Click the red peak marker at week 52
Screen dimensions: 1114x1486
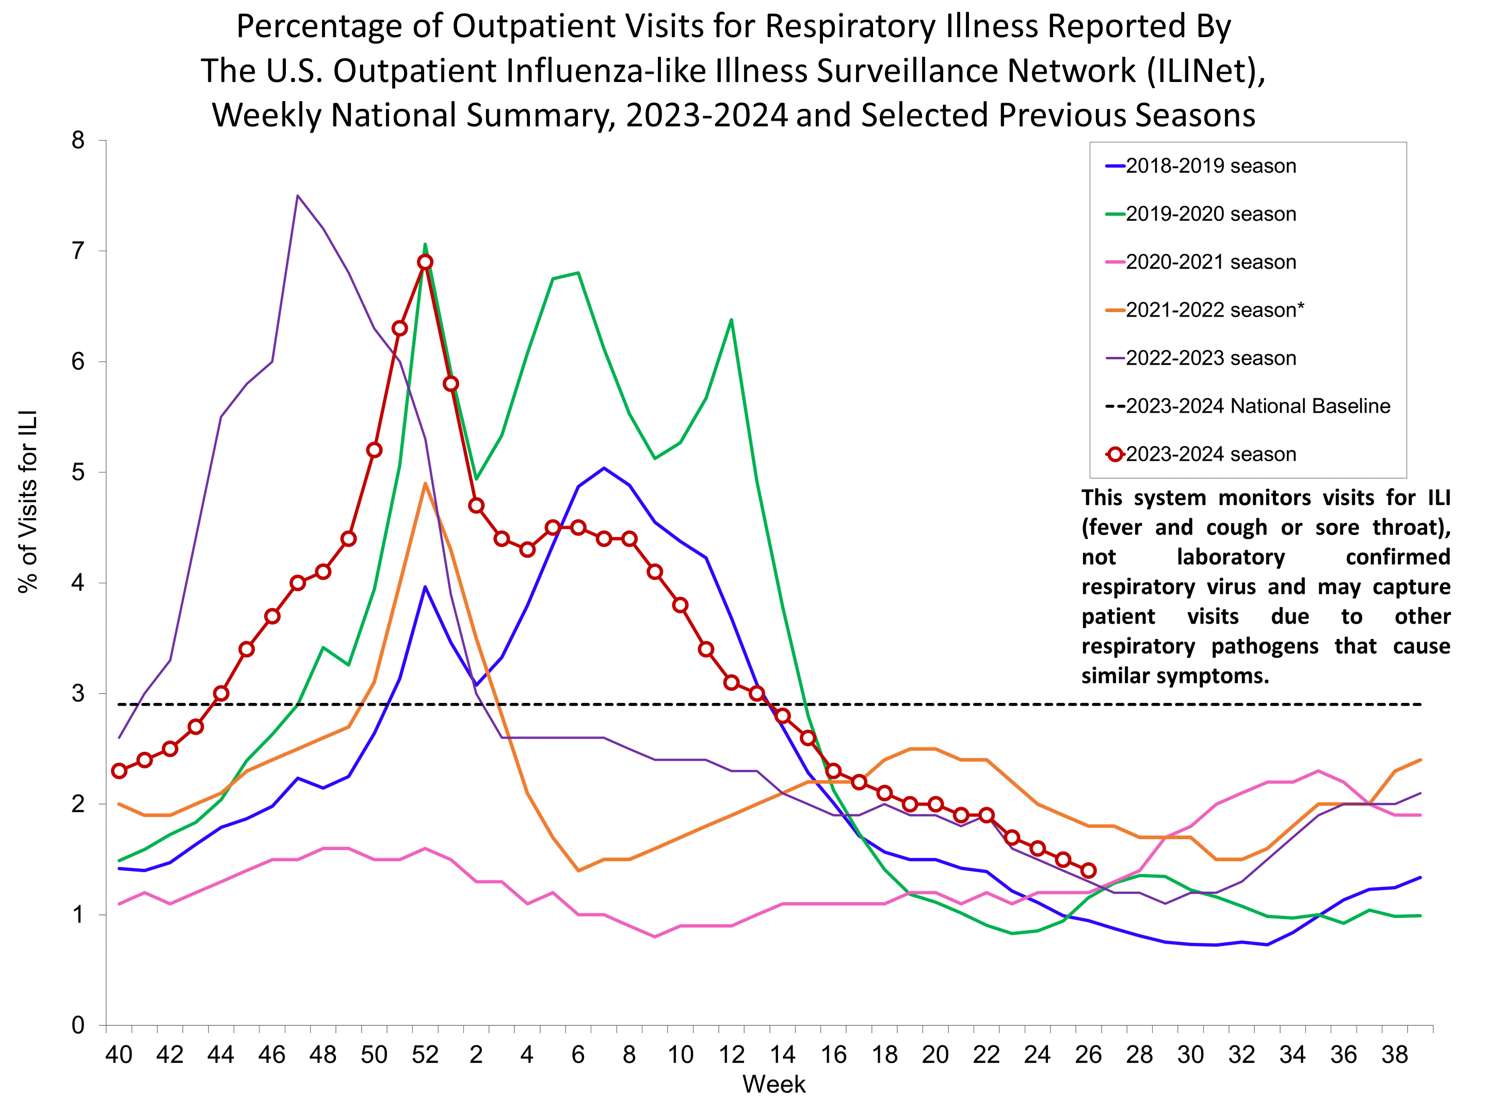(x=425, y=262)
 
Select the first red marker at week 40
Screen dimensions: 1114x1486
(x=119, y=771)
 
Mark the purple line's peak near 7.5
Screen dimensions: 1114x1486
(x=298, y=195)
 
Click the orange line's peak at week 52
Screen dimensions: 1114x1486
(x=425, y=483)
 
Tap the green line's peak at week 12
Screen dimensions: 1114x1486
(x=731, y=320)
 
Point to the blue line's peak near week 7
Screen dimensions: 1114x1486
(x=604, y=468)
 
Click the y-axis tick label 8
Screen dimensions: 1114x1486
(x=78, y=140)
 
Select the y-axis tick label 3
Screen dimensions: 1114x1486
(x=78, y=694)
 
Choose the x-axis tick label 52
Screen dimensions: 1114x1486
(x=425, y=1055)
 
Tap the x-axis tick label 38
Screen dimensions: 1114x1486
(x=1395, y=1055)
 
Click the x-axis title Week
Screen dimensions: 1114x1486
(x=773, y=1085)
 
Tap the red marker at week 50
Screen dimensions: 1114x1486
(x=374, y=450)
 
